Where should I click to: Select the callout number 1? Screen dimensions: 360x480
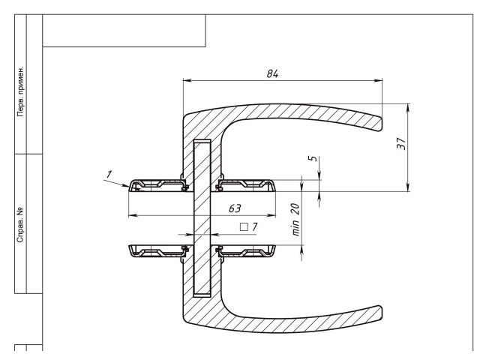tap(109, 174)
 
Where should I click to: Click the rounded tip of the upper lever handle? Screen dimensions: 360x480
tap(380, 120)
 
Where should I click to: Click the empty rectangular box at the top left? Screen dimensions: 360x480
tap(124, 30)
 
